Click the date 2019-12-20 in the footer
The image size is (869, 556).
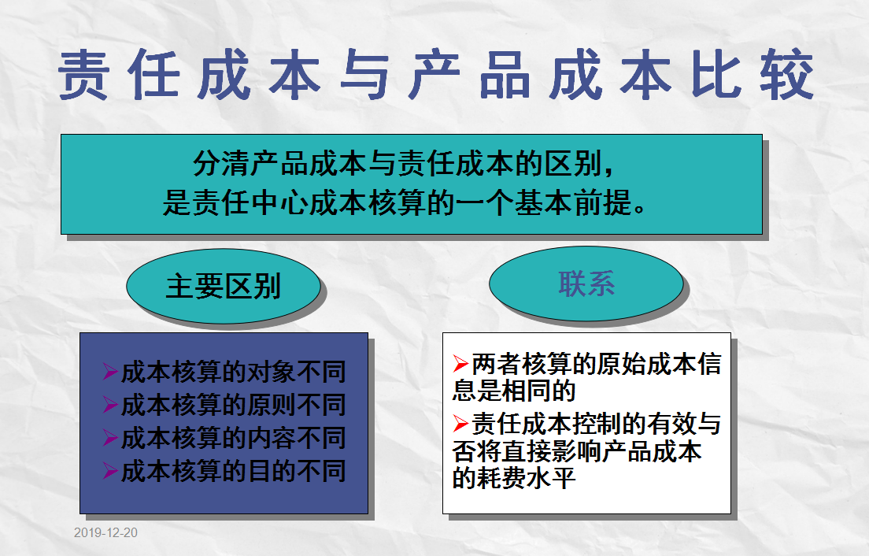[x=105, y=533]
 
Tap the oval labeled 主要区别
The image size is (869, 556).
[x=223, y=286]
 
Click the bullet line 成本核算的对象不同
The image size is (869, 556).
[x=233, y=373]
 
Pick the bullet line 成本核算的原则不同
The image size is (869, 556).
[x=233, y=406]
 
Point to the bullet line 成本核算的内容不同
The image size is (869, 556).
[x=233, y=439]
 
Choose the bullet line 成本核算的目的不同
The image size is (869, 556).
[x=233, y=471]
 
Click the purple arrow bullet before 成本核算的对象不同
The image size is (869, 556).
[x=110, y=373]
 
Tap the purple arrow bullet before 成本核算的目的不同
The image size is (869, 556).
[x=110, y=471]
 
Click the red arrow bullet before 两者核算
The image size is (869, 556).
[x=461, y=365]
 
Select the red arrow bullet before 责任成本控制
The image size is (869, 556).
[x=461, y=425]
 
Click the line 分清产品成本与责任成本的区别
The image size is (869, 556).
[x=401, y=165]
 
